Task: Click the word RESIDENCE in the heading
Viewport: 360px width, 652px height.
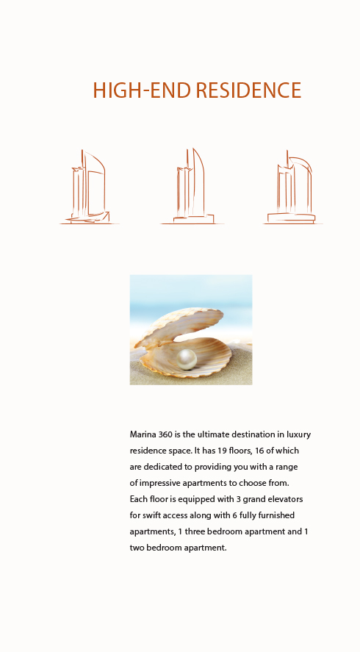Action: (248, 90)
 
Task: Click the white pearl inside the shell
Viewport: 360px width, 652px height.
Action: (187, 359)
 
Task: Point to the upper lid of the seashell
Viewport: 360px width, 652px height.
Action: (179, 326)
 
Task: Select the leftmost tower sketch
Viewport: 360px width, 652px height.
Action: (89, 187)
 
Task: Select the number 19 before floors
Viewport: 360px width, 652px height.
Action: (222, 451)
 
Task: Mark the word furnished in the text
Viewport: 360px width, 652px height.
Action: (276, 515)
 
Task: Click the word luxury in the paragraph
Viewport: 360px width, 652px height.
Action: (298, 435)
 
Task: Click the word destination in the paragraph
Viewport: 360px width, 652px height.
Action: (248, 434)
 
